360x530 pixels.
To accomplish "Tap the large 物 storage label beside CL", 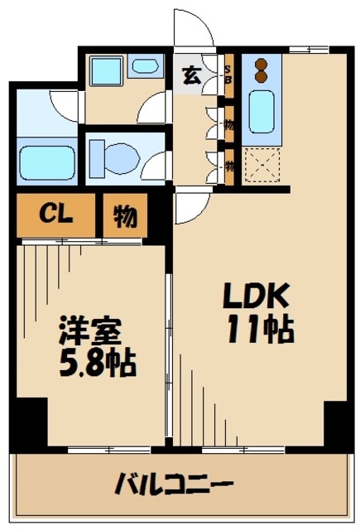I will [x=125, y=216].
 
